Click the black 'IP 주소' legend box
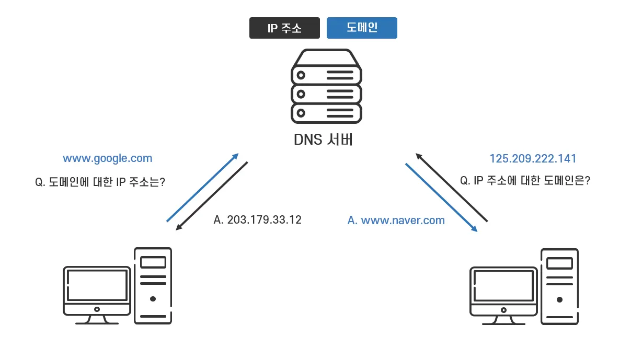coord(284,28)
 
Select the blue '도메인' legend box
coord(362,28)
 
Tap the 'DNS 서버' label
coord(324,140)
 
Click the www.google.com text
coord(107,159)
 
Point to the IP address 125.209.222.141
coord(533,158)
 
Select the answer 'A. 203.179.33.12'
coord(257,220)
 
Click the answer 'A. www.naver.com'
coord(396,220)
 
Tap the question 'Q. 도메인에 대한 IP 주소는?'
coord(100,182)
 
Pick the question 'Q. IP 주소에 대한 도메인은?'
coord(525,180)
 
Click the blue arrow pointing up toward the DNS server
coord(202,187)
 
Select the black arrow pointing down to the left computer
coord(212,196)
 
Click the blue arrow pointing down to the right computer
coord(441,198)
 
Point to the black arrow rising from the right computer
coord(452,187)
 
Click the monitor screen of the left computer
coord(97,285)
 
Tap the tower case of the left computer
coord(153,286)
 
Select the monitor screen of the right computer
coord(503,286)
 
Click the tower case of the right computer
coord(560,286)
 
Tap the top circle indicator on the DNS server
coord(301,75)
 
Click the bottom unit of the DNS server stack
coord(327,113)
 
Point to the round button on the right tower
coord(560,300)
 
